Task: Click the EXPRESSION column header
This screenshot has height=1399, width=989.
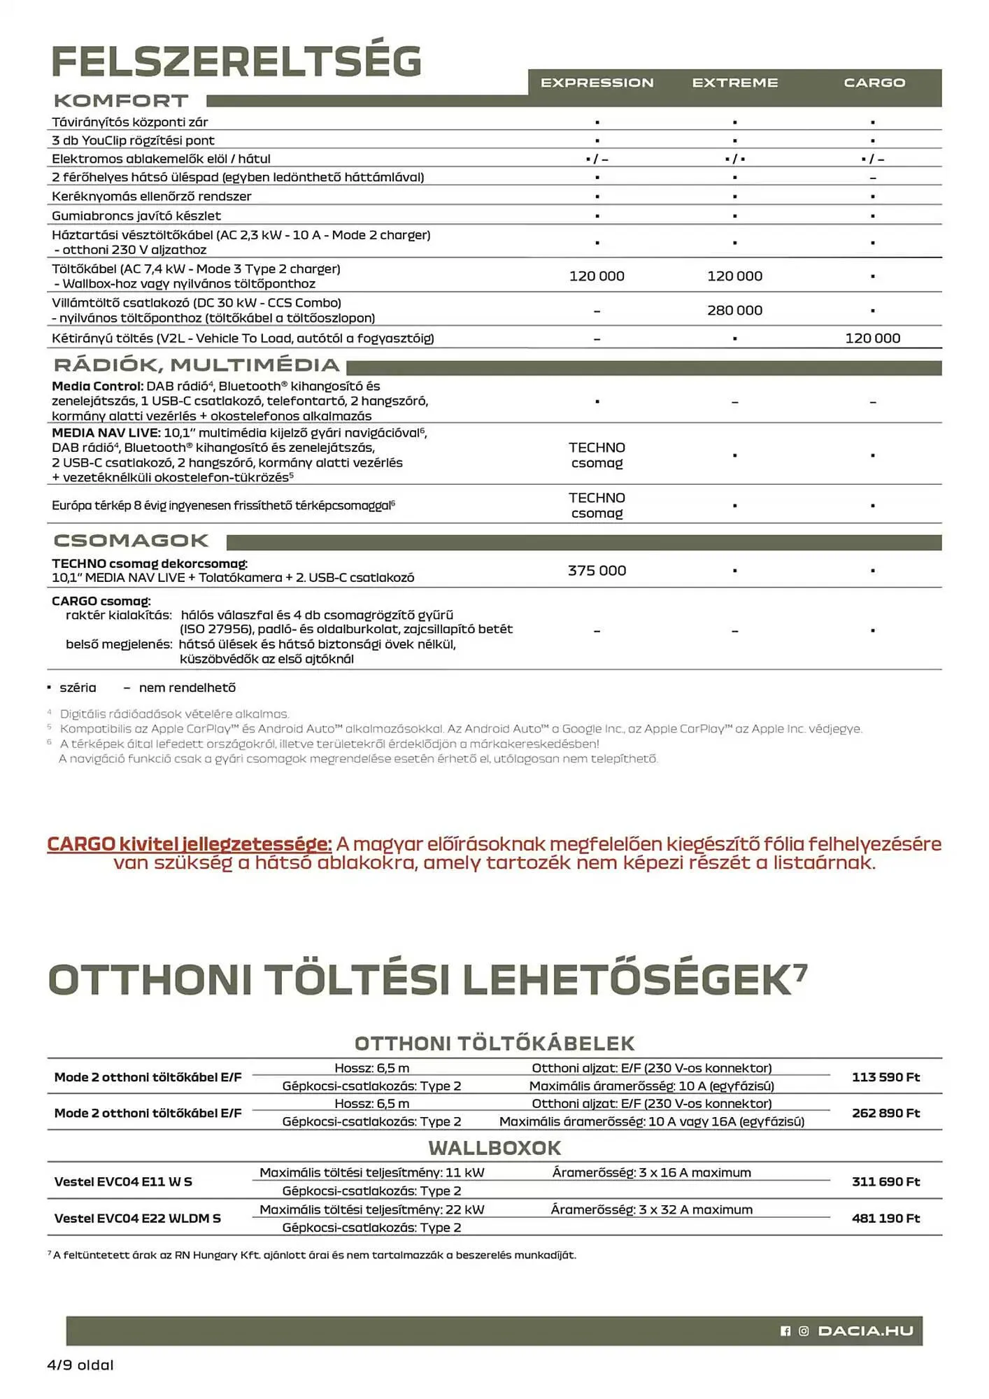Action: point(597,83)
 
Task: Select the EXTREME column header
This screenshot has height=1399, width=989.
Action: point(734,83)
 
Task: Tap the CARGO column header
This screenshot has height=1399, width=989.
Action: point(874,83)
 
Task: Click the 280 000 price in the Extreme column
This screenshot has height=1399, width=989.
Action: point(734,310)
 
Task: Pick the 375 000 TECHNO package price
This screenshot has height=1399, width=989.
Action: point(597,570)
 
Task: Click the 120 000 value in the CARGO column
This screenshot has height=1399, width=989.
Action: point(872,338)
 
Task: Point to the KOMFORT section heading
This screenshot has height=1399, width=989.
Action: point(121,101)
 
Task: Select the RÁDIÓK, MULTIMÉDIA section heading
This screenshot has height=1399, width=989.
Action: point(197,365)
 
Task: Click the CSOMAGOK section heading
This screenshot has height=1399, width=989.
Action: point(131,541)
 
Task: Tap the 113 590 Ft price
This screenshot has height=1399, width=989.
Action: point(885,1077)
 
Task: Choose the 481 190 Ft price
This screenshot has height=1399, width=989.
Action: point(885,1218)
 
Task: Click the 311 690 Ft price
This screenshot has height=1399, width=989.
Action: point(885,1181)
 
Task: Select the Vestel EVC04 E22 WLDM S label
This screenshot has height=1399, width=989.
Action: point(137,1218)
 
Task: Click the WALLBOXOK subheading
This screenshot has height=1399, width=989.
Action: point(494,1148)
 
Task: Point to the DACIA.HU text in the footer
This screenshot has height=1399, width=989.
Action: point(865,1330)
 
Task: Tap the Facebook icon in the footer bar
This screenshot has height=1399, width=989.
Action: point(785,1330)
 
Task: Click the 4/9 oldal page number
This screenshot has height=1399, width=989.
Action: point(80,1365)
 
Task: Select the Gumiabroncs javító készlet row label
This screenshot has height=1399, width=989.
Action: point(136,215)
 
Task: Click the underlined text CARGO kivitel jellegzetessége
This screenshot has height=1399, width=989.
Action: point(189,844)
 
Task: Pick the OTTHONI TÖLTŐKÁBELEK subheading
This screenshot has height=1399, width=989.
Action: point(494,1043)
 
